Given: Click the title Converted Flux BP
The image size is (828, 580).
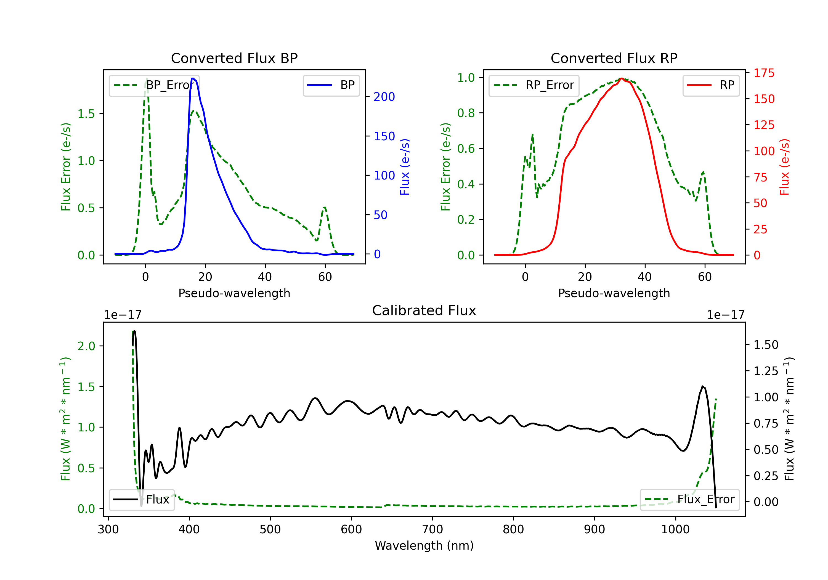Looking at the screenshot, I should [234, 58].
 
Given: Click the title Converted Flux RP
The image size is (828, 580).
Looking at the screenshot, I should [614, 58].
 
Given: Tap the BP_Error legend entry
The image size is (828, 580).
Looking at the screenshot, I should [154, 85].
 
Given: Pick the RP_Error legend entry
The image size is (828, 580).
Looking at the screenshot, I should [534, 85].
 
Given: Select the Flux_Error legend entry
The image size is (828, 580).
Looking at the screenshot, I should [689, 500].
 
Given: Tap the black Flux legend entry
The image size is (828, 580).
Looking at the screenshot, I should [142, 500].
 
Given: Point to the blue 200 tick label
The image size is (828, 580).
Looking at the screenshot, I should [384, 97].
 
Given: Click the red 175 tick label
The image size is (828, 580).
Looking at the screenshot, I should [764, 73].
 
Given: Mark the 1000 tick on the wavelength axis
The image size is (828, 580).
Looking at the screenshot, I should [675, 529].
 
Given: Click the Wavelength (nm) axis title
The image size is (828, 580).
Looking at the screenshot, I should [424, 545].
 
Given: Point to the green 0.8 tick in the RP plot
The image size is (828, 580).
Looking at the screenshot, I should [466, 113].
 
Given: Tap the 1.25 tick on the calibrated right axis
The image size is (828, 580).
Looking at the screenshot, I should [766, 371].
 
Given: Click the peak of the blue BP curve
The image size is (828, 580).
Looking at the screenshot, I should [193, 78].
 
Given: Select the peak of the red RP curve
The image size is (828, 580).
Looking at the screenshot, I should [621, 78].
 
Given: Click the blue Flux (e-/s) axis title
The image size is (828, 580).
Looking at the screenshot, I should [405, 167].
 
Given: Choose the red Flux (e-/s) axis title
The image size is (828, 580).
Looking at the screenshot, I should [785, 167].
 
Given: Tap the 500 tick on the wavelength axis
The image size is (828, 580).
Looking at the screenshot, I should [270, 529].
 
